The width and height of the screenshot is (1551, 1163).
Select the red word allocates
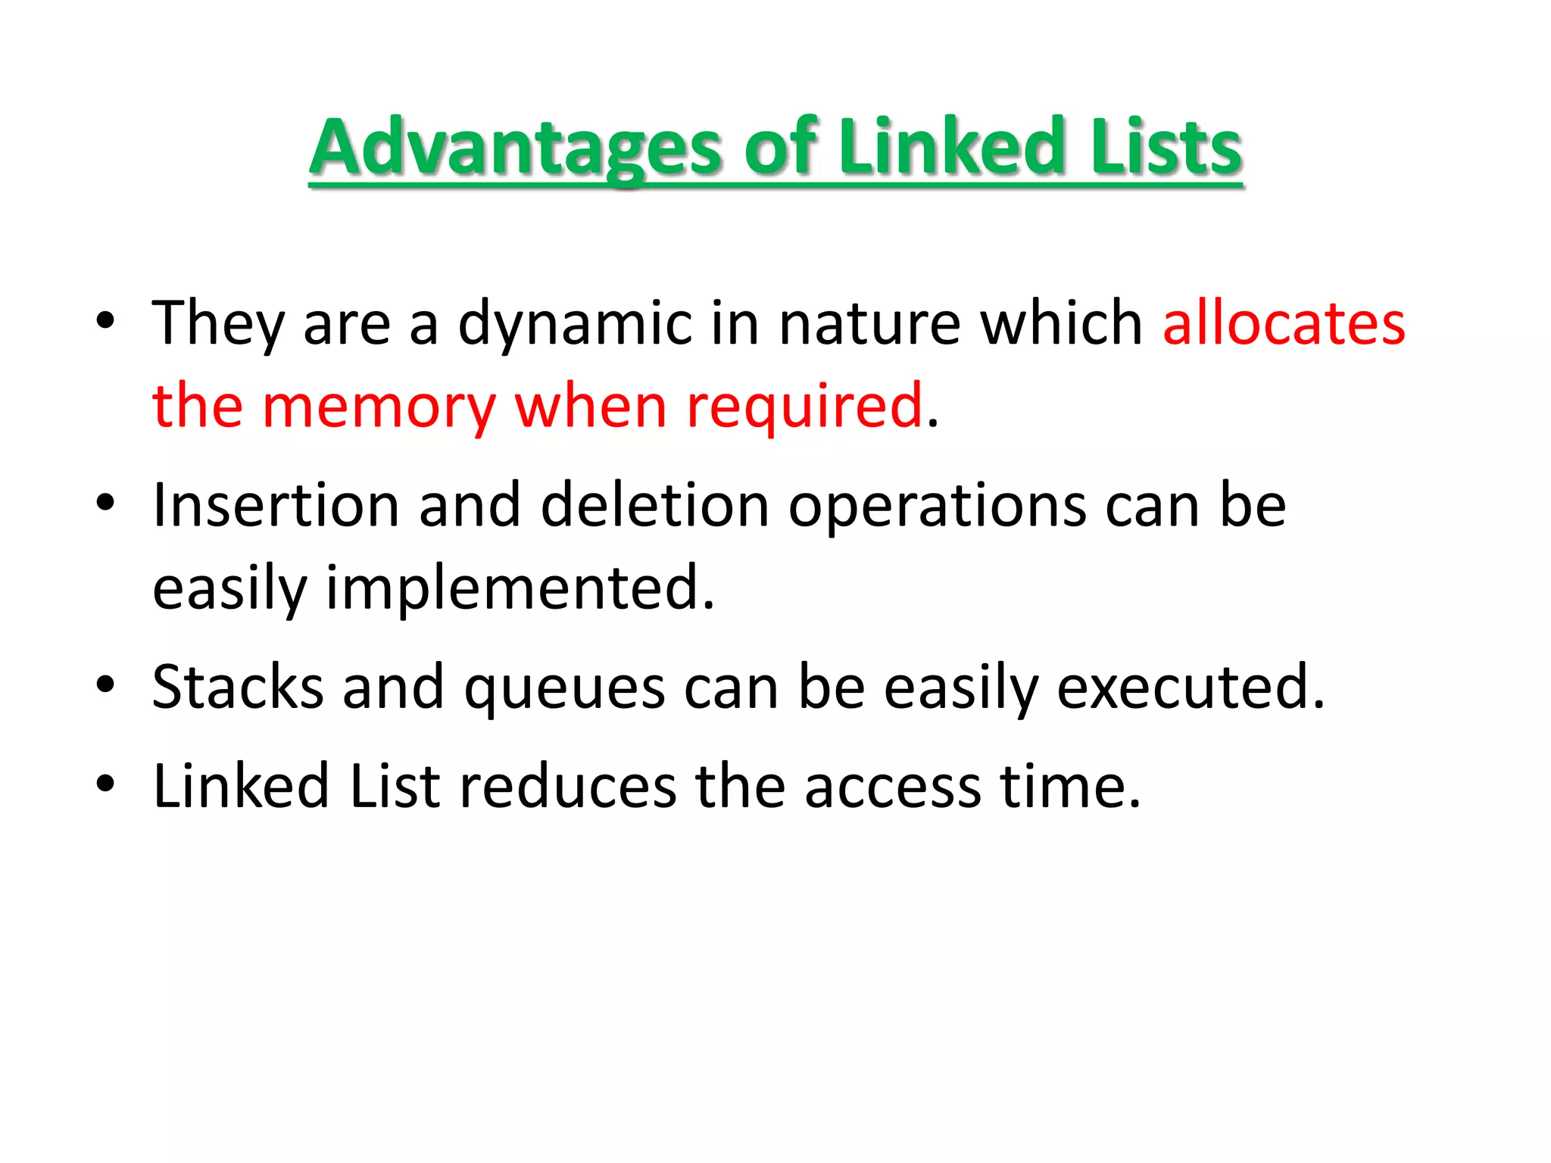[x=1284, y=323]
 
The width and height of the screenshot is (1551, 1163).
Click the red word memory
[x=379, y=407]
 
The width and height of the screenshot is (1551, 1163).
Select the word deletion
[x=655, y=505]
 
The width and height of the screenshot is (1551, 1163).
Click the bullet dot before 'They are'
[x=105, y=321]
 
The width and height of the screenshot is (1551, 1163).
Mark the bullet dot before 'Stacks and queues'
[x=105, y=684]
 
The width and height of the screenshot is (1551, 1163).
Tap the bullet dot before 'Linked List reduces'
[x=105, y=784]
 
